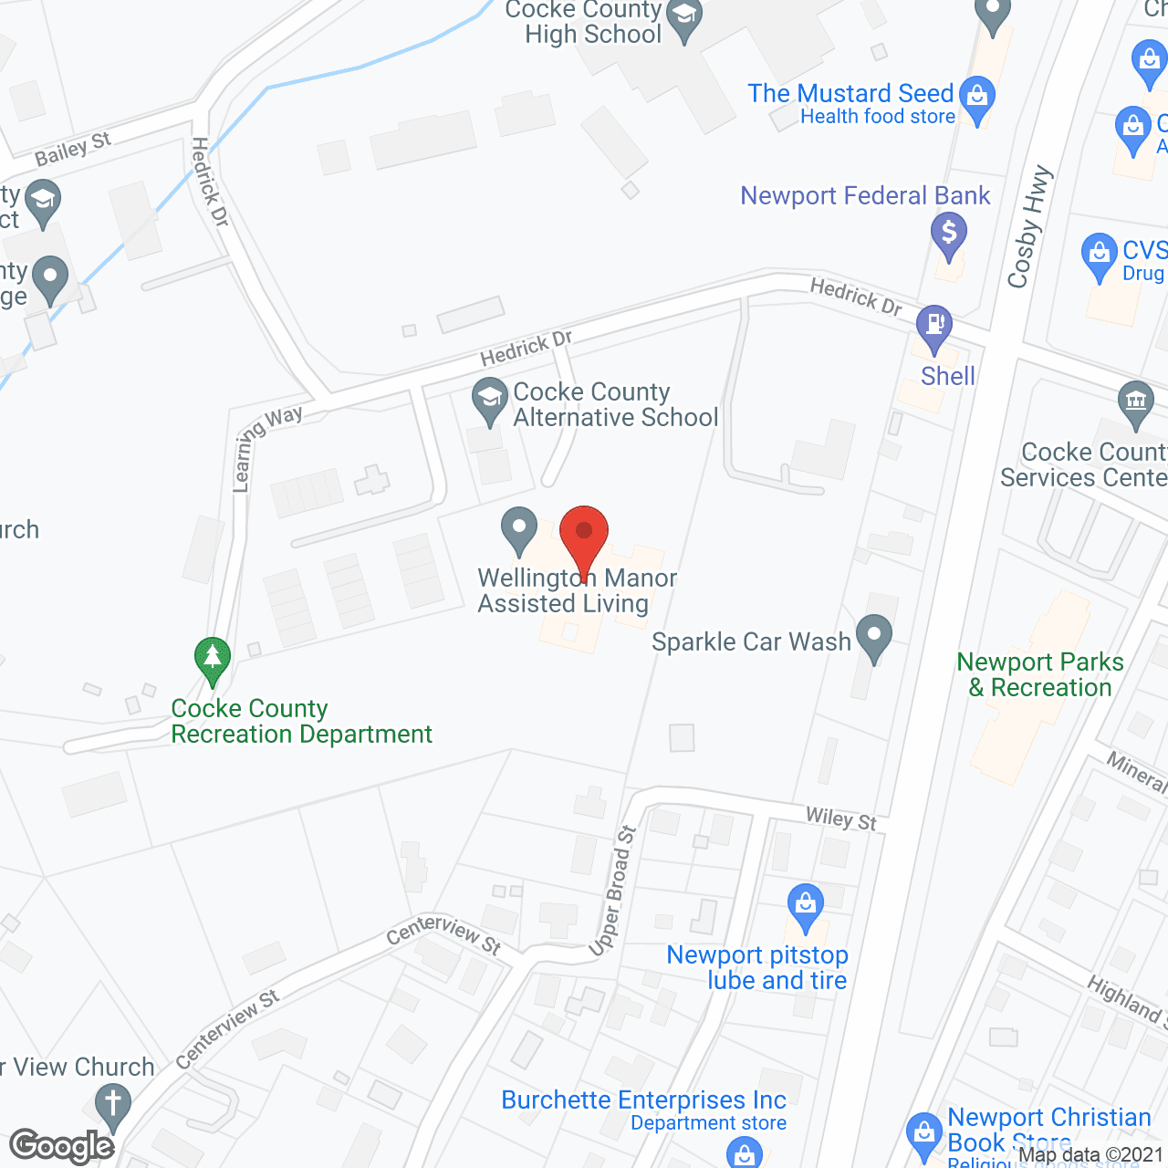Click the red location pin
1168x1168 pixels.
pyautogui.click(x=583, y=535)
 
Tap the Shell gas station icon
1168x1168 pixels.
pyautogui.click(x=934, y=325)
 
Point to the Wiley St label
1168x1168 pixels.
pyautogui.click(x=840, y=819)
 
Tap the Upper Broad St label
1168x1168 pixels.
pyautogui.click(x=613, y=891)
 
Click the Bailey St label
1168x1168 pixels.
pyautogui.click(x=73, y=149)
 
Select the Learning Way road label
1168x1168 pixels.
pyautogui.click(x=264, y=447)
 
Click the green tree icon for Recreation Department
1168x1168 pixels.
pyautogui.click(x=213, y=658)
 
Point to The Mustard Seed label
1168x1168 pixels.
pyautogui.click(x=850, y=94)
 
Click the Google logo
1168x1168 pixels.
pyautogui.click(x=62, y=1146)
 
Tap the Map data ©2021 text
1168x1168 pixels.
pyautogui.click(x=1091, y=1155)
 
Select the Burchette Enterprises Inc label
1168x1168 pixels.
pyautogui.click(x=643, y=1100)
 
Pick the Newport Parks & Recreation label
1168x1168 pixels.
pyautogui.click(x=1040, y=674)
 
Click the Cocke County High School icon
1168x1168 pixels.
pyautogui.click(x=683, y=17)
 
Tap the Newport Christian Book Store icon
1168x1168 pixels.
pyautogui.click(x=924, y=1134)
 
